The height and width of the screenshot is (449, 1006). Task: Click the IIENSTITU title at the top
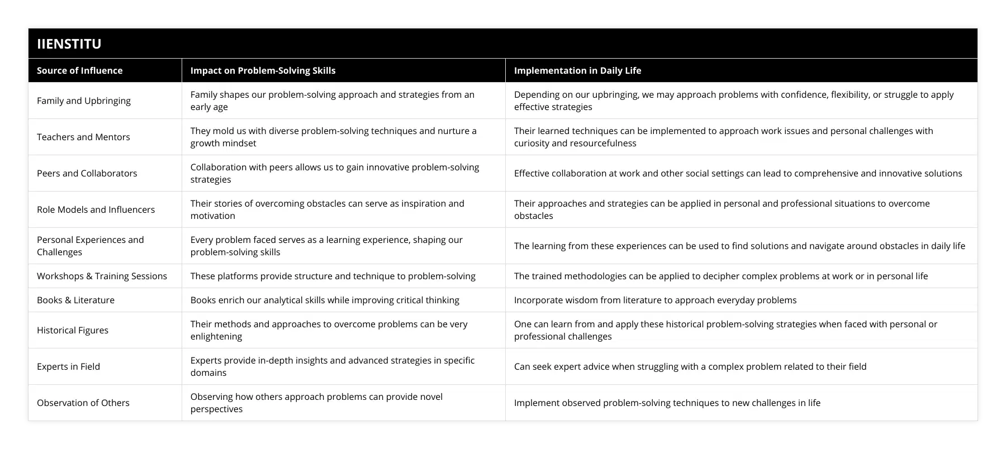click(69, 44)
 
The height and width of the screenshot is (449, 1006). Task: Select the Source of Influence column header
click(79, 70)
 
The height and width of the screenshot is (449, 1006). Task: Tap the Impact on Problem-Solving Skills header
click(263, 70)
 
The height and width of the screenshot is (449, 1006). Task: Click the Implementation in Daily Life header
click(577, 70)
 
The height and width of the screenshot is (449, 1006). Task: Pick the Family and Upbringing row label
click(84, 101)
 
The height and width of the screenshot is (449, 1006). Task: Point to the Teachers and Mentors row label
click(83, 137)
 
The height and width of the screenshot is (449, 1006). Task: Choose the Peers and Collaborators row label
click(87, 173)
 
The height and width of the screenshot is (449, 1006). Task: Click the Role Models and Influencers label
click(96, 209)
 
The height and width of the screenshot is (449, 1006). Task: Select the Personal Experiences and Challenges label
click(91, 246)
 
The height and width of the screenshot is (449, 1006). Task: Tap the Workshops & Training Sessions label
click(102, 276)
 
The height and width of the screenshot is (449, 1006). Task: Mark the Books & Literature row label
click(75, 300)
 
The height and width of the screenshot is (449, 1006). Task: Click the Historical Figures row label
click(73, 330)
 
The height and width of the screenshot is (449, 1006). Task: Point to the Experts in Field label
click(68, 366)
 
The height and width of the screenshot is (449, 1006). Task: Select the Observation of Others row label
click(83, 403)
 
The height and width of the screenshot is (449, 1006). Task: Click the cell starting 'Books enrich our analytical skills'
click(325, 300)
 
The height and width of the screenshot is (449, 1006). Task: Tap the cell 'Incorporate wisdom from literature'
click(655, 300)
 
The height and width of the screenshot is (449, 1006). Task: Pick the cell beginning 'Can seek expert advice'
click(690, 366)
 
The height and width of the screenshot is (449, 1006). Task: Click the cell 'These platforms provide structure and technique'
click(333, 276)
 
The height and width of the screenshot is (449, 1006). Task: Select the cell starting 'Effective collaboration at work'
click(738, 173)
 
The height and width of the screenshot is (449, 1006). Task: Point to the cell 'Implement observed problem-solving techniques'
click(667, 403)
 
